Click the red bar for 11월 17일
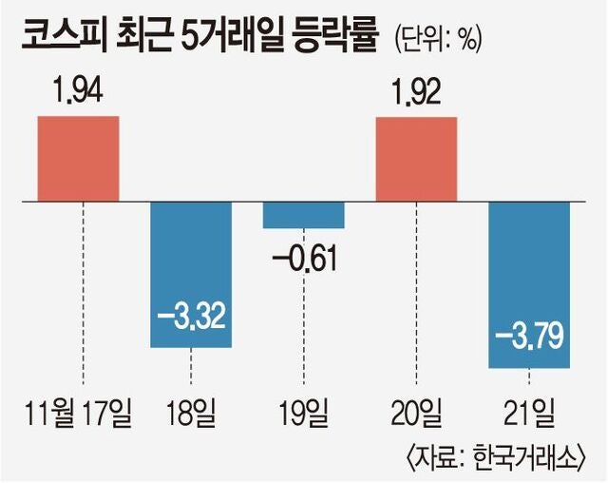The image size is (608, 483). [x=78, y=159]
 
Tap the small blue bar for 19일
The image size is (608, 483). [x=303, y=215]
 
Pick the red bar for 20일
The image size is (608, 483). [x=416, y=159]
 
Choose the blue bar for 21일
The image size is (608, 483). [x=528, y=285]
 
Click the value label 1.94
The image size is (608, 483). [x=78, y=92]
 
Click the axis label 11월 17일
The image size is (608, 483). [x=79, y=415]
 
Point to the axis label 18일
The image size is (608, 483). [x=191, y=415]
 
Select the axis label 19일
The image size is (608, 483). [x=304, y=415]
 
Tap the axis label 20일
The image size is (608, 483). [x=416, y=415]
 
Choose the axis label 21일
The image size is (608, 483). [x=528, y=415]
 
